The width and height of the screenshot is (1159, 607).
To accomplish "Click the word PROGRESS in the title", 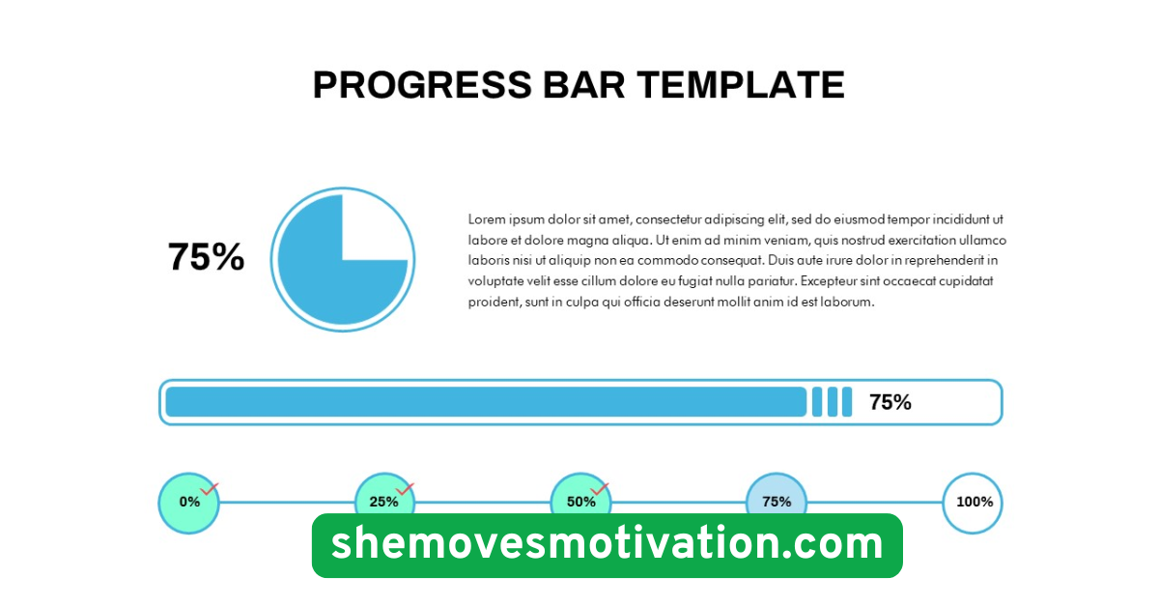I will click(x=422, y=85).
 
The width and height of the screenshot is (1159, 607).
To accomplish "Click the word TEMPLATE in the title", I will click(x=741, y=85).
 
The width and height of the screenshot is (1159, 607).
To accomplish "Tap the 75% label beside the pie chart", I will click(x=206, y=257).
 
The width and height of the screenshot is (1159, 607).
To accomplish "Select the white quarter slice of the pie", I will click(x=372, y=228).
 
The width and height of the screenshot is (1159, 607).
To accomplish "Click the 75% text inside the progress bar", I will click(x=890, y=402).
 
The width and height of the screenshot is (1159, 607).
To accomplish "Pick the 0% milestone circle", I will click(x=188, y=503).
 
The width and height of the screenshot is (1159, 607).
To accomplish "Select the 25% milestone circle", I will click(x=384, y=503).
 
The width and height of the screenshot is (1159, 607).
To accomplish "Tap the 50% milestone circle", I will click(x=579, y=502).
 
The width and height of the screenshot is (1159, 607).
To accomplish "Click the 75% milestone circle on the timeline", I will click(x=777, y=502).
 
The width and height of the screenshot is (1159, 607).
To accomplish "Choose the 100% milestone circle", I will click(x=973, y=503).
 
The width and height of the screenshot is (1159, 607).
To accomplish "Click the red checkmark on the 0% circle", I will click(x=210, y=489).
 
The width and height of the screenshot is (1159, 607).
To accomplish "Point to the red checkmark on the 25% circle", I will click(x=405, y=489).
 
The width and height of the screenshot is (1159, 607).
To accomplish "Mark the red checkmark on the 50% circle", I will click(x=600, y=489).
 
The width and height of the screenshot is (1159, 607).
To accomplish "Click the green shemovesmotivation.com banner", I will click(x=607, y=545).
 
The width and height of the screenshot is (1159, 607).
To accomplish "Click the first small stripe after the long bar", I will click(x=817, y=402).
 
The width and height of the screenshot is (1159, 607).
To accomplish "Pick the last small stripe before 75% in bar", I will click(x=847, y=402).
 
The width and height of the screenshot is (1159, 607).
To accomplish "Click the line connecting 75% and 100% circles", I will click(x=874, y=503).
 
